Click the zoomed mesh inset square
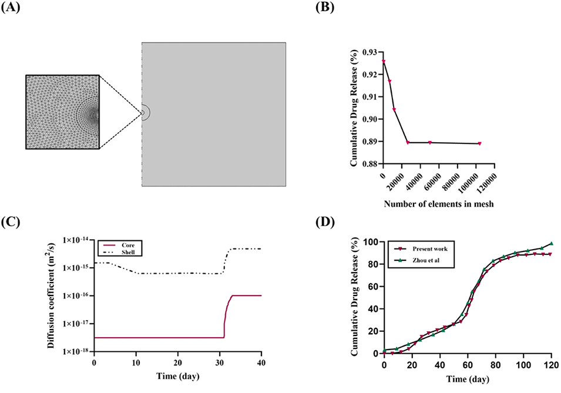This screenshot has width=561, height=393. [62, 112]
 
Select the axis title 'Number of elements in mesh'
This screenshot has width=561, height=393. [439, 204]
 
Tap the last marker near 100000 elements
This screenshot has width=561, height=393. [480, 143]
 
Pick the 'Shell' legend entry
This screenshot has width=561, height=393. [132, 253]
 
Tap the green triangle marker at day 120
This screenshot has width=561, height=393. [552, 243]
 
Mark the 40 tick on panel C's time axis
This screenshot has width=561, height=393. [261, 363]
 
